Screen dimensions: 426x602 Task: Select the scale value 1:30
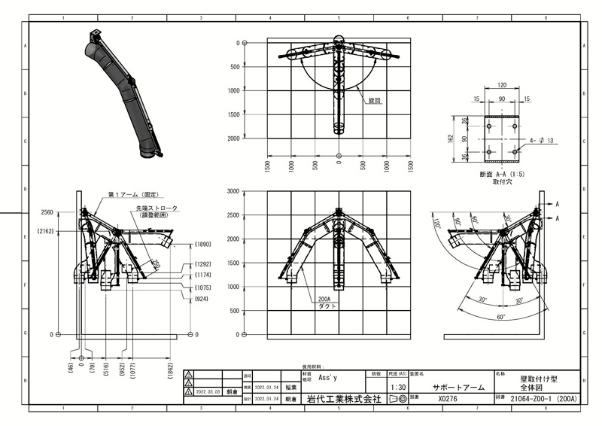[x=397, y=387]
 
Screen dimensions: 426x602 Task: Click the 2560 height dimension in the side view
[x=47, y=213]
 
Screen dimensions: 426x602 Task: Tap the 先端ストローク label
[x=157, y=208]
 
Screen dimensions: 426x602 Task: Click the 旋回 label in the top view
[x=375, y=99]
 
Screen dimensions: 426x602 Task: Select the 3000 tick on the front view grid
[x=233, y=191]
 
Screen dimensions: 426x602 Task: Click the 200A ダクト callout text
[x=327, y=303]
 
